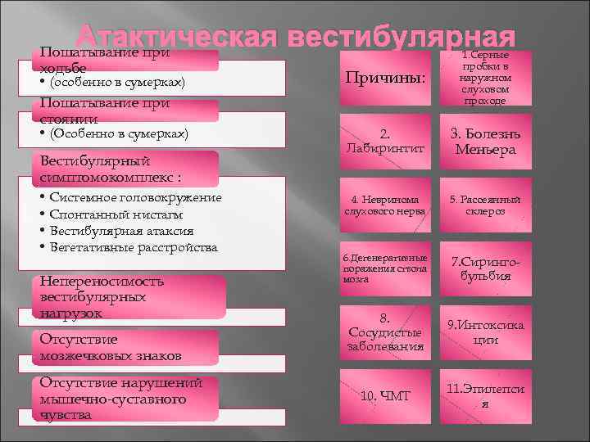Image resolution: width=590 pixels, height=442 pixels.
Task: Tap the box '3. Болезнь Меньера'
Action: coord(485,141)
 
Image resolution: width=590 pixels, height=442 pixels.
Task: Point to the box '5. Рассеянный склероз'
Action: coord(485,205)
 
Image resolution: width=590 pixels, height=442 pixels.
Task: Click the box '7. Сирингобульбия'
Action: coord(485,268)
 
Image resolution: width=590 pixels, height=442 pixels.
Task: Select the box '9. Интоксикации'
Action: coord(485,332)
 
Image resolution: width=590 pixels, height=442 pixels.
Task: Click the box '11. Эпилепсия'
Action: coord(485,396)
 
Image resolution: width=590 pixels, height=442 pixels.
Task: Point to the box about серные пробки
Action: coord(485,78)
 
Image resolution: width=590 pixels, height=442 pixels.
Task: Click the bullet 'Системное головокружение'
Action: coord(135,197)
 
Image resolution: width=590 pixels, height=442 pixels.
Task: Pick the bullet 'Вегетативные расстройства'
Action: coord(134,247)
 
